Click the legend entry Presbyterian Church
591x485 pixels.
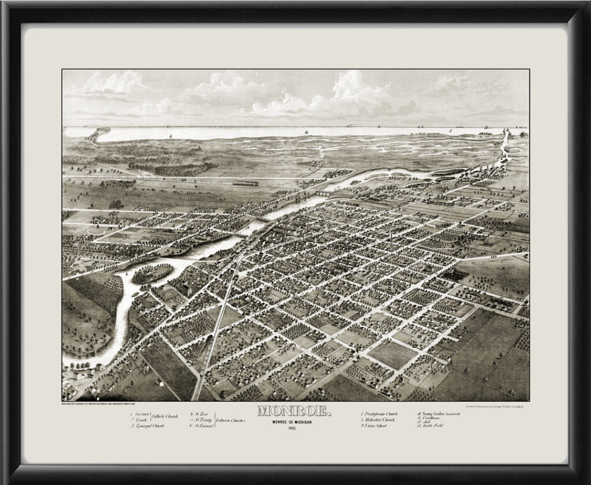(380, 414)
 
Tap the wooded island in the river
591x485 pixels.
(152, 273)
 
